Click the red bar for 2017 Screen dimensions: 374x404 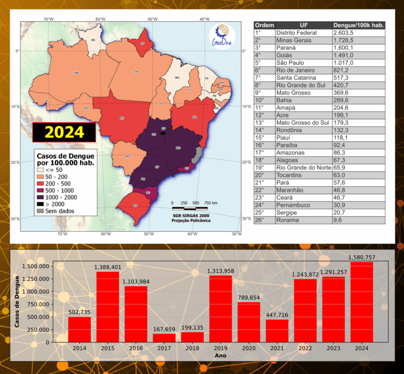(164, 338)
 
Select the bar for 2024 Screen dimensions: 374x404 (361, 302)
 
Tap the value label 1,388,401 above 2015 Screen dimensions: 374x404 (107, 267)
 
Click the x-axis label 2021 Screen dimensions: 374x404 (277, 348)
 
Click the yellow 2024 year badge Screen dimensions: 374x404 (64, 132)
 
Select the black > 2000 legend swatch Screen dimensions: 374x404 (40, 204)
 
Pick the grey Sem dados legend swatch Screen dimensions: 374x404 (40, 211)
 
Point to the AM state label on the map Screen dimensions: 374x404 (76, 73)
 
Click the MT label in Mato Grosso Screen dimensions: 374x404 (122, 118)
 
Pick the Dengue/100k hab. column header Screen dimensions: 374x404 (358, 25)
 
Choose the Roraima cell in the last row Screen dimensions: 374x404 (288, 220)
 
